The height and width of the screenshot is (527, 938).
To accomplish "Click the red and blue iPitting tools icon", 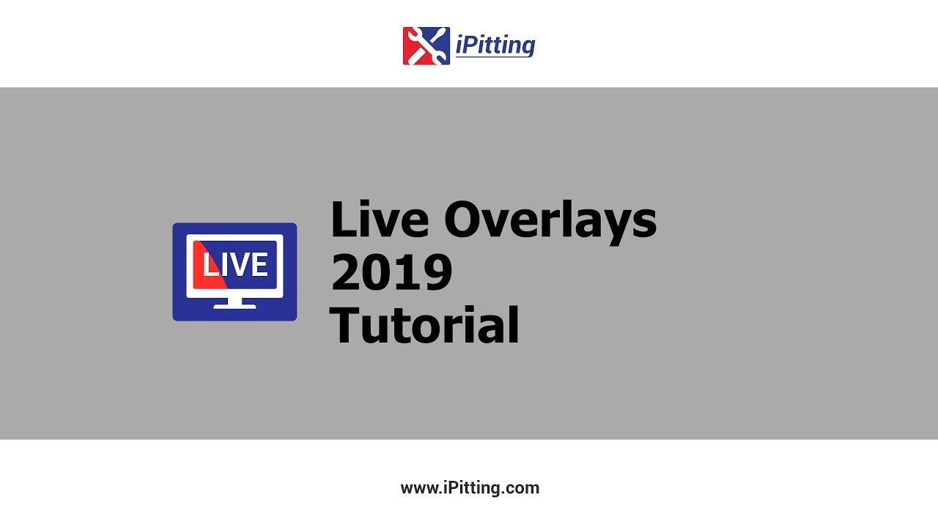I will pyautogui.click(x=426, y=46).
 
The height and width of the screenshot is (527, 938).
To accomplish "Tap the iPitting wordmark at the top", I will pyautogui.click(x=495, y=45).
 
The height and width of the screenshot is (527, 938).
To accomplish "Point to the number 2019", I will pyautogui.click(x=391, y=272).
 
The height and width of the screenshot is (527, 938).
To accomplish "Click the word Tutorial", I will pyautogui.click(x=424, y=326).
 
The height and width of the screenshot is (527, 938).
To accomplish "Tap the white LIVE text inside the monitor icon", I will pyautogui.click(x=234, y=265).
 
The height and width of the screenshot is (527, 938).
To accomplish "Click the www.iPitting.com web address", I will pyautogui.click(x=470, y=488).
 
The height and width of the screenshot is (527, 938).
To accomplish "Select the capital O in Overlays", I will pyautogui.click(x=469, y=219).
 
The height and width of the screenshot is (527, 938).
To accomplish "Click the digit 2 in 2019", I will pyautogui.click(x=346, y=272).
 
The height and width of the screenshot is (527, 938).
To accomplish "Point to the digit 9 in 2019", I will pyautogui.click(x=437, y=272).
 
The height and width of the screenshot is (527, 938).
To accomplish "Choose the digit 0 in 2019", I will pyautogui.click(x=378, y=272).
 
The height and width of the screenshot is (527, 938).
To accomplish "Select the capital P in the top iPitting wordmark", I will pyautogui.click(x=470, y=45).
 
